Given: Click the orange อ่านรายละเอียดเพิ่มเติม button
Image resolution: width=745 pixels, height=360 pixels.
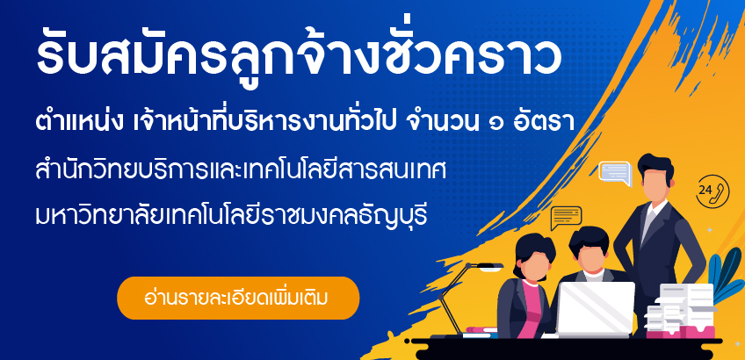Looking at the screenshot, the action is click(238, 299).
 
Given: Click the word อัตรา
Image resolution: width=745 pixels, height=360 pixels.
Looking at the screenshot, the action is click(545, 122).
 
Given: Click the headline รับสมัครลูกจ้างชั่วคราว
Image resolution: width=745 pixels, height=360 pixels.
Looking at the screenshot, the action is click(300, 57).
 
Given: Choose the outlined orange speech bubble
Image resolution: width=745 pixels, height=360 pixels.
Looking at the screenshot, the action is click(566, 218).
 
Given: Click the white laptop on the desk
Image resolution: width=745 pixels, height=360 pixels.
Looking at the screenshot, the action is click(596, 309).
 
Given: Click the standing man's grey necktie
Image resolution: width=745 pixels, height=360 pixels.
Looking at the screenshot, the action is click(648, 224).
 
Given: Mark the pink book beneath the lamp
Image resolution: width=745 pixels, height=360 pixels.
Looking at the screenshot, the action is click(481, 329).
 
